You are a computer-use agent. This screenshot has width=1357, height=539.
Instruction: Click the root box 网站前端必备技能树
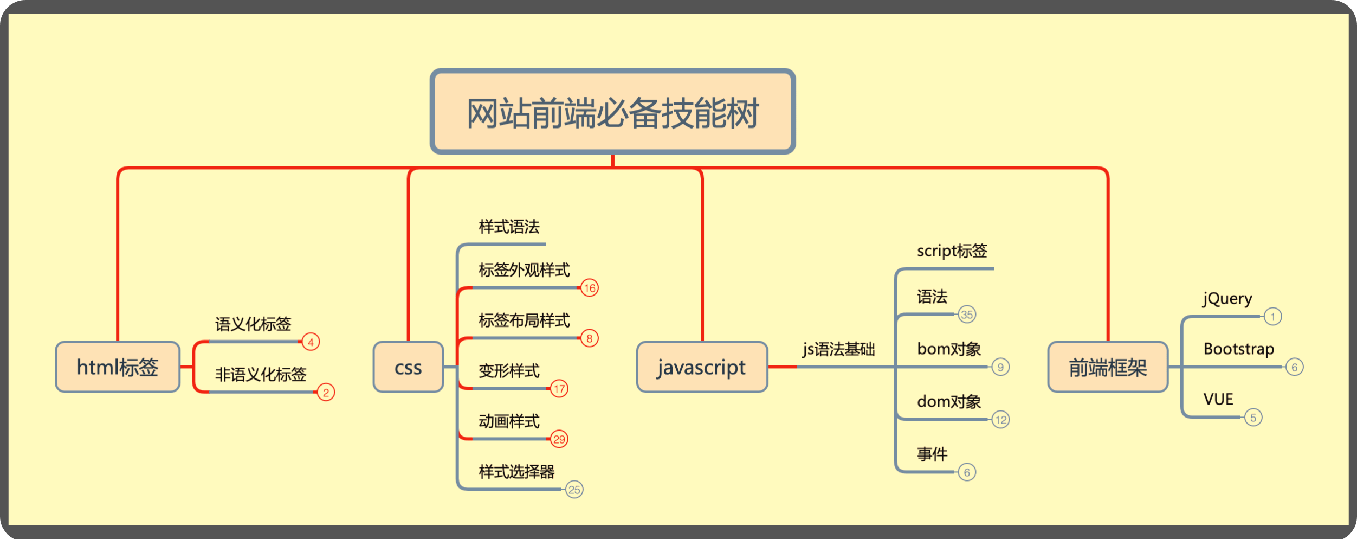pos(612,112)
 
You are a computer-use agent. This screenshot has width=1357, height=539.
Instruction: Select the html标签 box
pos(118,367)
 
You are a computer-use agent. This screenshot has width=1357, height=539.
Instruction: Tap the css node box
pos(408,367)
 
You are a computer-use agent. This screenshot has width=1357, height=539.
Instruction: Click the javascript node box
pos(702,367)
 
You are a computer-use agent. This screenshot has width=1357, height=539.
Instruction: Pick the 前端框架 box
pos(1108,367)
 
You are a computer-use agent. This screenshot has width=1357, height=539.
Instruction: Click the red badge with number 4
pos(311,342)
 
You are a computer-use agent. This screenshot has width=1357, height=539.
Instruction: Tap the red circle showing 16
pos(590,288)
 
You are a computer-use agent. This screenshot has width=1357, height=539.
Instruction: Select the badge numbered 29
pos(559,439)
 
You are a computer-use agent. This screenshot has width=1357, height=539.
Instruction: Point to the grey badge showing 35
pos(967,315)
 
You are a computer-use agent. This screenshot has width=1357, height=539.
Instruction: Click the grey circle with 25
pos(574,490)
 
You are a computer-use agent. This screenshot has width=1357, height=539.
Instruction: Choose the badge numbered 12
pos(1001,420)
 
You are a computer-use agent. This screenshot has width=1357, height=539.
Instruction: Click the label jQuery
pos(1227,299)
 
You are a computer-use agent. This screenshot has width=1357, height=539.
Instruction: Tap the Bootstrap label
pos(1239,349)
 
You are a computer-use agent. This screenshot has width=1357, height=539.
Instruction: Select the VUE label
pos(1218,400)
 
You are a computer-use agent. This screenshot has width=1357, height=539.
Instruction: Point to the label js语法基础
pos(839,349)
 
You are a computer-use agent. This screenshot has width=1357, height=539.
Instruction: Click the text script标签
pos(952,251)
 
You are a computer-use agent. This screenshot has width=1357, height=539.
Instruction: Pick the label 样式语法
pos(509,227)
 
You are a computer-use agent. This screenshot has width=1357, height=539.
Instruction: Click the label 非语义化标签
pos(261,374)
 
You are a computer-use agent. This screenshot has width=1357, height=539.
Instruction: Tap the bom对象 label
pos(949,349)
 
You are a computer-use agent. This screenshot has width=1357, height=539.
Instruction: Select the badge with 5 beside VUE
pos(1253,418)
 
